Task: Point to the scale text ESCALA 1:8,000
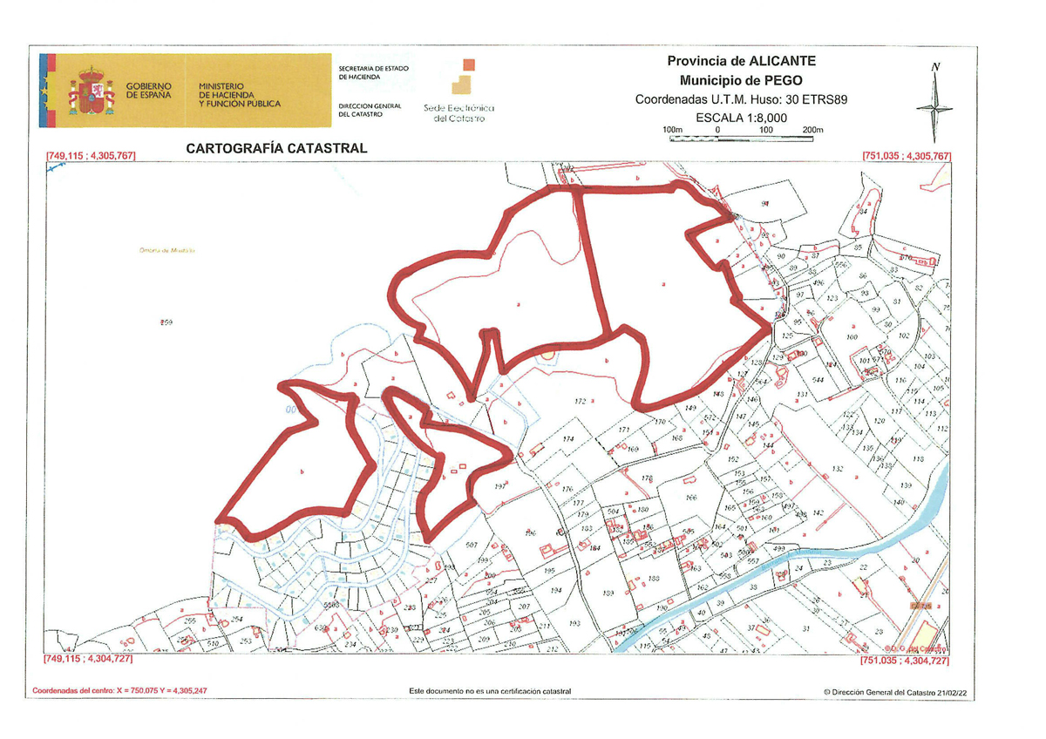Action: pos(742,117)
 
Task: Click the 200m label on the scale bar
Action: pos(812,130)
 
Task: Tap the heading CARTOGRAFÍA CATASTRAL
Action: pos(276,148)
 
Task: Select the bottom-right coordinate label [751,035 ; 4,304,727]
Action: pos(906,661)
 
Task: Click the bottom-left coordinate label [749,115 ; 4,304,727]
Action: pos(88,661)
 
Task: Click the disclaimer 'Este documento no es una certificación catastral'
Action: pos(490,691)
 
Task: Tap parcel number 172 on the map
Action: pos(579,402)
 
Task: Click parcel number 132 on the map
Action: pos(838,469)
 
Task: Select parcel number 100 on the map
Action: pos(852,336)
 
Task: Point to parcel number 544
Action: pos(818,380)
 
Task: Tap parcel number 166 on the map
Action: pos(691,498)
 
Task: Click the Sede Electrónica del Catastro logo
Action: pos(458,90)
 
